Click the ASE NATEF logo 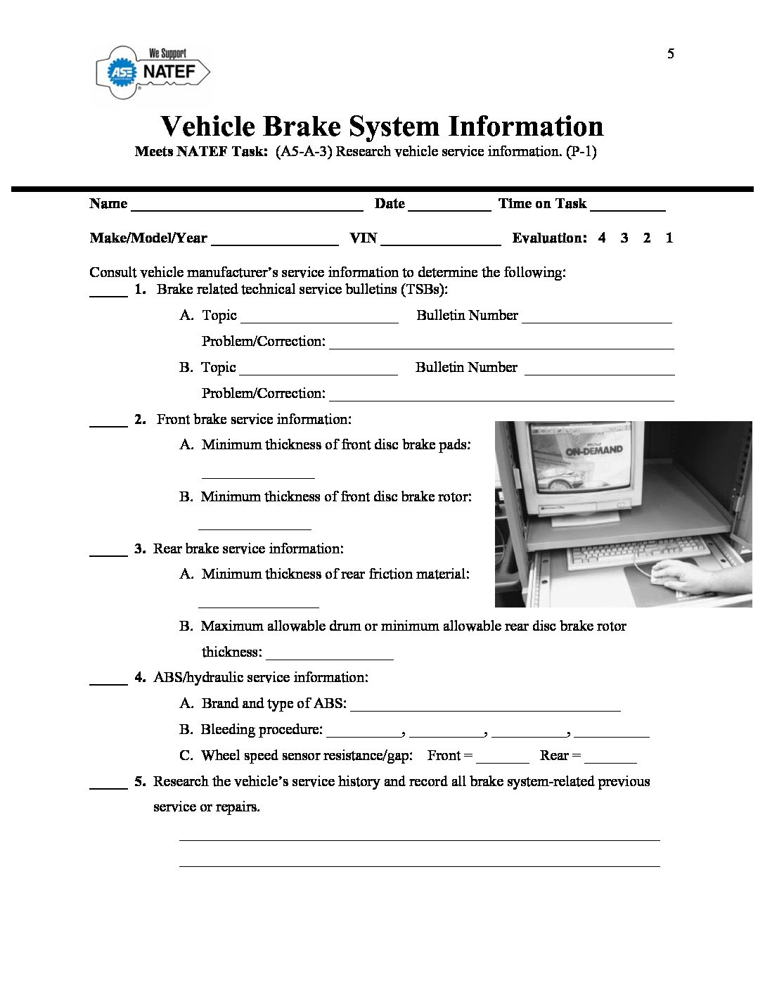[153, 72]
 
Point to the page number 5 [670, 54]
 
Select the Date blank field [449, 208]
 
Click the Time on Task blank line [627, 208]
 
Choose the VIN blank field [440, 243]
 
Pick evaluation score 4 [602, 238]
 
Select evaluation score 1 [669, 238]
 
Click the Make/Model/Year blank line [274, 243]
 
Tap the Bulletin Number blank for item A [597, 320]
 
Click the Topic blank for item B [319, 372]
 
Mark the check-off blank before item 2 [108, 424]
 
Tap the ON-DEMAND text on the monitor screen [593, 449]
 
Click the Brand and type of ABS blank [485, 708]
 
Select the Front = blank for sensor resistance [502, 760]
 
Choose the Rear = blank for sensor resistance [610, 760]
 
